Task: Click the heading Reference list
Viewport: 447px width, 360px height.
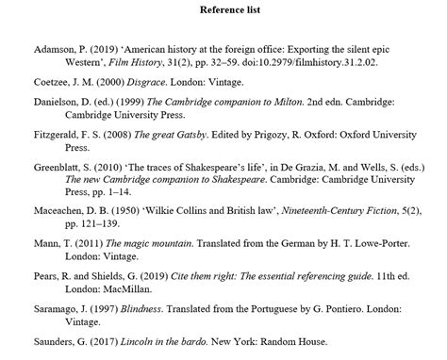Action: (x=223, y=10)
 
